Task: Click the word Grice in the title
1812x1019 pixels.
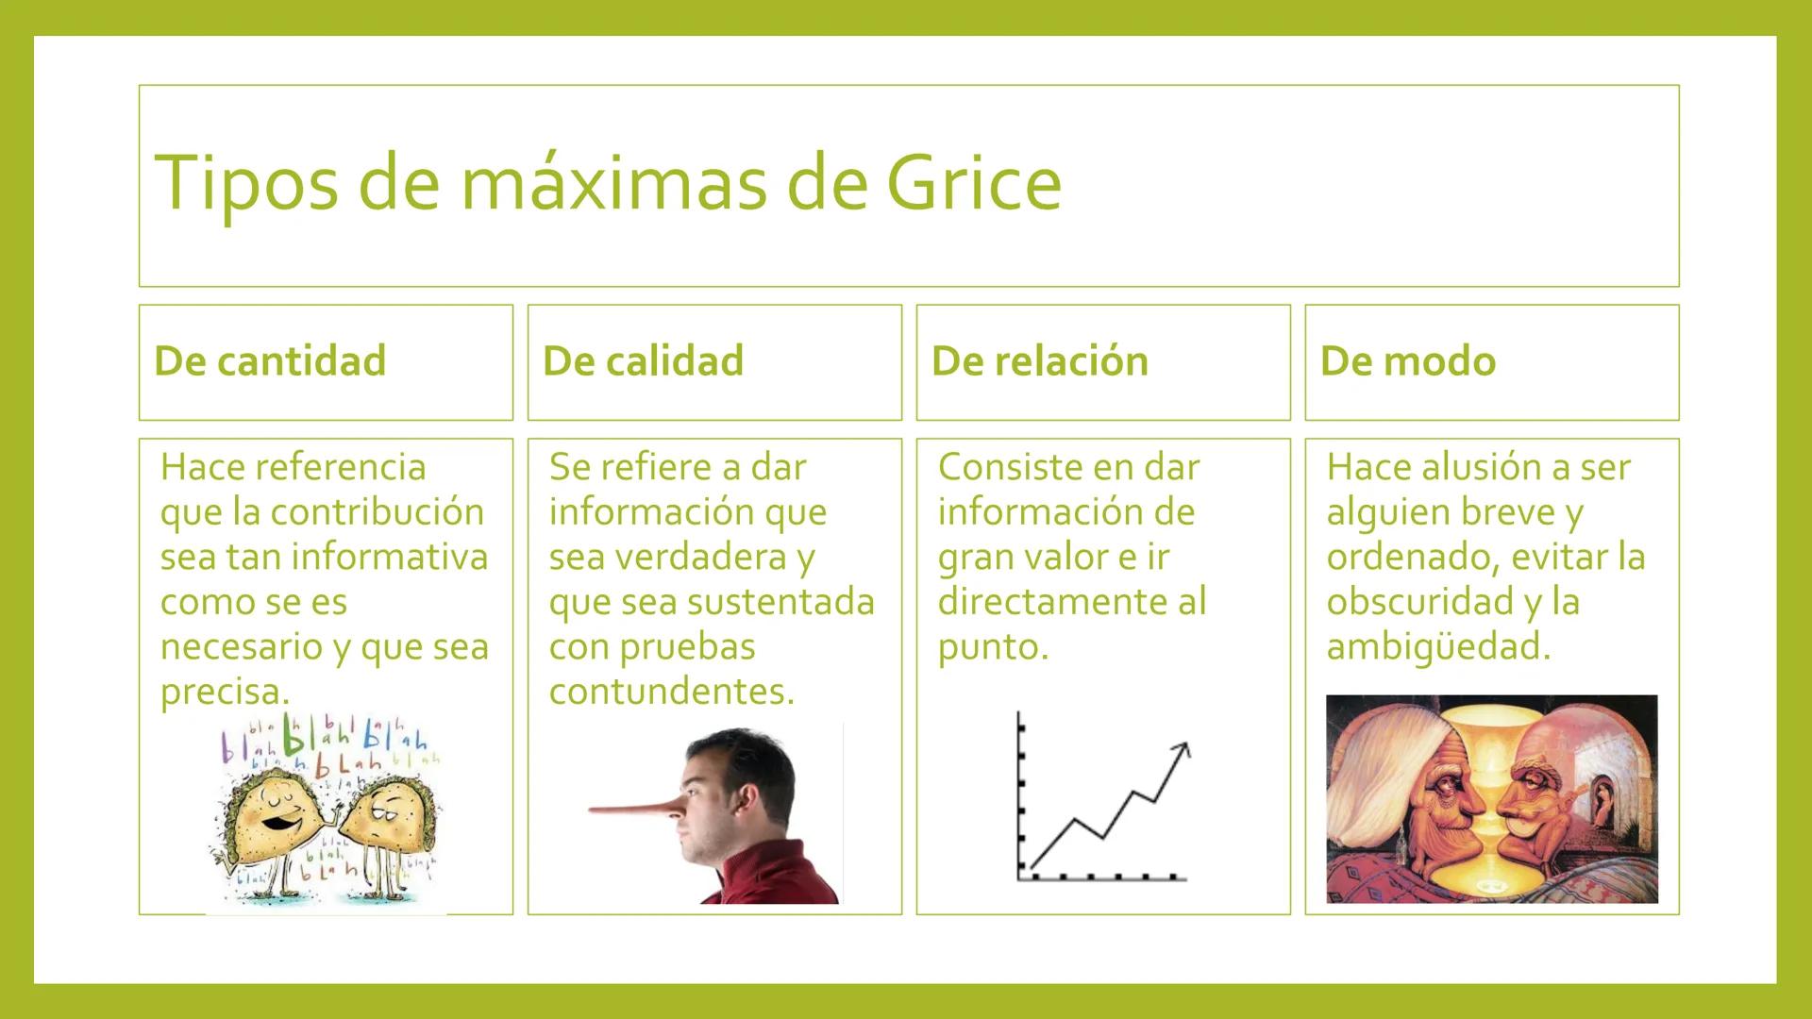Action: click(974, 183)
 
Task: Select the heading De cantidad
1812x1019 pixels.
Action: click(270, 361)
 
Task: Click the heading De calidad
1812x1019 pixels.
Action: click(643, 361)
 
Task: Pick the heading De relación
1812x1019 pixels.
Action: click(1039, 361)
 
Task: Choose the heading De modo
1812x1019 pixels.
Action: click(1407, 361)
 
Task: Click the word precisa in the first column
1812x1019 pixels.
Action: click(223, 692)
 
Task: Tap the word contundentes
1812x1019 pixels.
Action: click(670, 692)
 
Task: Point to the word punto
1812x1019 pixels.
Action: click(991, 647)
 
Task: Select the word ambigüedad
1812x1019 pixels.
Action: click(1436, 647)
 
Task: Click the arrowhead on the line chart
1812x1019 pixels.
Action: click(1182, 749)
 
